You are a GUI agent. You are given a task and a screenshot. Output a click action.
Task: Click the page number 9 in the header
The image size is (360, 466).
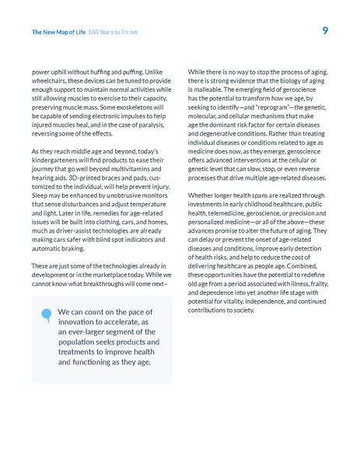[x=324, y=31]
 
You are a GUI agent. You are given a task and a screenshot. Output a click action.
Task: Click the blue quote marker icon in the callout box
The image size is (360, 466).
[x=47, y=314]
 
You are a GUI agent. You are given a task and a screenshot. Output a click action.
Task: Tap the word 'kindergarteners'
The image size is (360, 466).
[x=58, y=160]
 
